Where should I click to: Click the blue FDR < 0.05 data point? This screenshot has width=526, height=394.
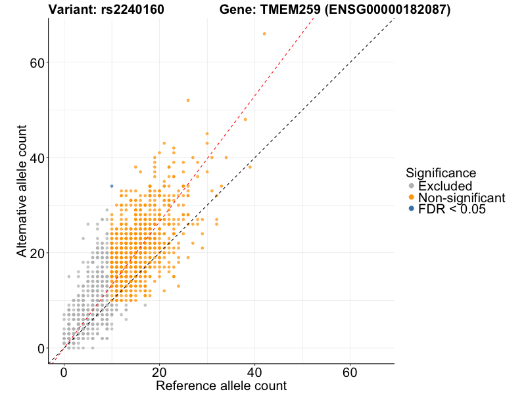pyautogui.click(x=112, y=186)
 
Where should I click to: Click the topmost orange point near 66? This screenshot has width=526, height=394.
pyautogui.click(x=264, y=33)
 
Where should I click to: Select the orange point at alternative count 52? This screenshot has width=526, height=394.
pyautogui.click(x=188, y=100)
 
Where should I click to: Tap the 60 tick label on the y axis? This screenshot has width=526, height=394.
pyautogui.click(x=37, y=63)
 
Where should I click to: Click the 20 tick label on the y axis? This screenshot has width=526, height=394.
pyautogui.click(x=37, y=253)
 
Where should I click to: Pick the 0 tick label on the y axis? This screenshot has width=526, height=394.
pyautogui.click(x=41, y=349)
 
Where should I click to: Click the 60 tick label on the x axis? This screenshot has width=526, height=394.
pyautogui.click(x=350, y=372)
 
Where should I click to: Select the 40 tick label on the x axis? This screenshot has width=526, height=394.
pyautogui.click(x=254, y=372)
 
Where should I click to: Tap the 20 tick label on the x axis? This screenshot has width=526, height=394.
pyautogui.click(x=159, y=372)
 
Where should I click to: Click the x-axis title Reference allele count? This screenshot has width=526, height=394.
pyautogui.click(x=221, y=385)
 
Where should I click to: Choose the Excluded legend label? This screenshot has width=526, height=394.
pyautogui.click(x=445, y=186)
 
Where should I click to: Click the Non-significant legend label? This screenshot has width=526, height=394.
pyautogui.click(x=462, y=198)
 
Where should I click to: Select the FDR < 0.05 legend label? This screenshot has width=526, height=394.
pyautogui.click(x=452, y=209)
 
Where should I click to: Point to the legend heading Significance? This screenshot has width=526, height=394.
pyautogui.click(x=441, y=173)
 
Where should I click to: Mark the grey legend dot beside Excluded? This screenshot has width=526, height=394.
pyautogui.click(x=412, y=186)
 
